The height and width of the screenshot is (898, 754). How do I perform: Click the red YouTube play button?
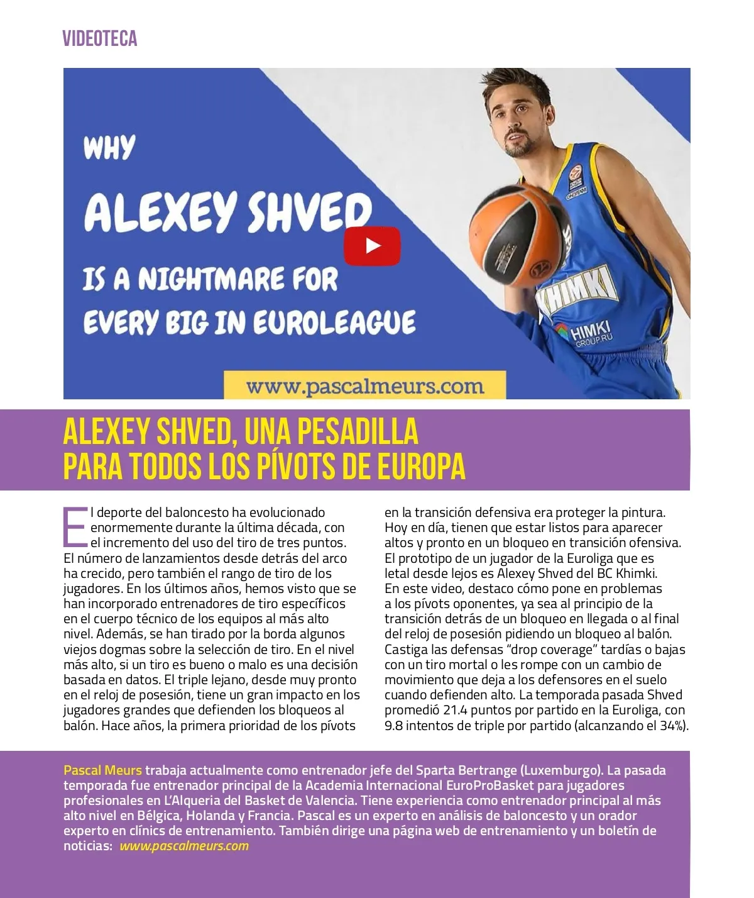pos(372,246)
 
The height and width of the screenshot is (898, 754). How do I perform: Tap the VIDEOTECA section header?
pos(100,39)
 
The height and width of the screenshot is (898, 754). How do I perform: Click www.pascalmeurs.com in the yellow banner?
pos(364,385)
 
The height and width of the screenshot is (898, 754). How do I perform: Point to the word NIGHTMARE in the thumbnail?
pos(238,279)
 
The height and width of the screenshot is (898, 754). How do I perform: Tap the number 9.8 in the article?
pos(394,725)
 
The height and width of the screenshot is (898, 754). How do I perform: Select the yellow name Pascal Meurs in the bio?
pos(103,770)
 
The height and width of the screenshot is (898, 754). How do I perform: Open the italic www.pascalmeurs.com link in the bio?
pos(184,846)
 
